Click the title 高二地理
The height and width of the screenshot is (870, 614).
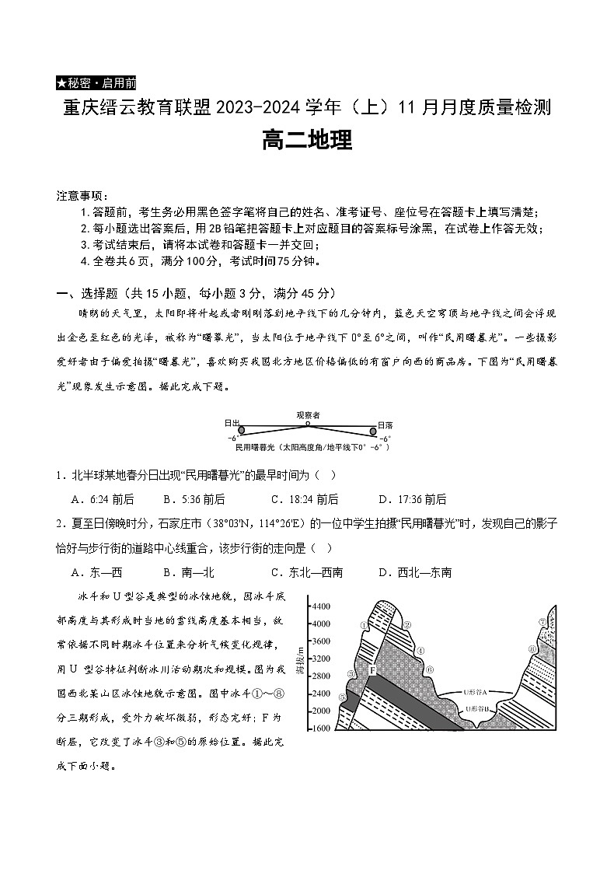coord(307,141)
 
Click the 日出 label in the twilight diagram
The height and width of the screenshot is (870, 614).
coord(232,423)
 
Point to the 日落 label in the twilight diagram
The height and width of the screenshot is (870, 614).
coord(385,425)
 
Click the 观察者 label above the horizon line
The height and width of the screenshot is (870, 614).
coord(308,414)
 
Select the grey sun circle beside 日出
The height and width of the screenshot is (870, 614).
coord(242,429)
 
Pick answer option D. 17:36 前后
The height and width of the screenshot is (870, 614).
coord(412,499)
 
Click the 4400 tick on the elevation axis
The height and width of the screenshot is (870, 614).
coord(298,606)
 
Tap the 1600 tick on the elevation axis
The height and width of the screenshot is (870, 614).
coord(298,728)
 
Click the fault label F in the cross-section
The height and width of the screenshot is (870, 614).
coord(372,669)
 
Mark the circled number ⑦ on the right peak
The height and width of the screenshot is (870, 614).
coord(542,622)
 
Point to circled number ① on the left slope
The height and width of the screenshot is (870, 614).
coord(364,624)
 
